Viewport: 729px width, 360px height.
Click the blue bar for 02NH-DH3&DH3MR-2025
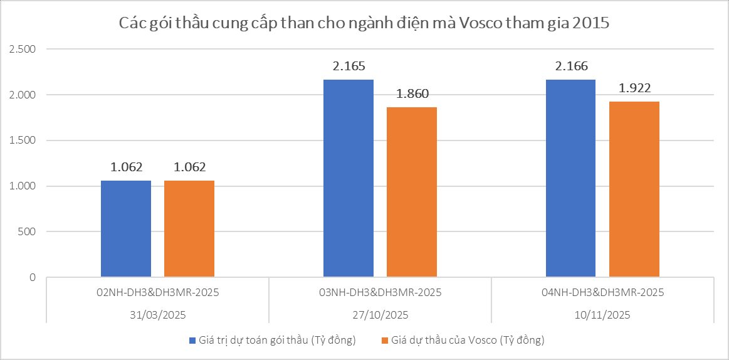[126, 229]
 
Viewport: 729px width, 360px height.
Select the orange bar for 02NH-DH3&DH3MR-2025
[189, 229]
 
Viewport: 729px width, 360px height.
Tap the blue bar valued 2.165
[349, 179]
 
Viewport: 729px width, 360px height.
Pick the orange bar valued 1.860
[412, 193]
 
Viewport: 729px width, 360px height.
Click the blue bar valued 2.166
[571, 179]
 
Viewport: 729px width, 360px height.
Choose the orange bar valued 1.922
[634, 189]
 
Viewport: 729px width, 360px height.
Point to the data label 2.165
[349, 66]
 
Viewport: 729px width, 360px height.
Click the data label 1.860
[412, 94]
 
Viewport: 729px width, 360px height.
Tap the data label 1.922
[634, 88]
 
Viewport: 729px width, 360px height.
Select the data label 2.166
[571, 66]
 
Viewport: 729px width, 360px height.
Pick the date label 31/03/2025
[157, 314]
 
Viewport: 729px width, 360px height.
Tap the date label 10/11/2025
[602, 314]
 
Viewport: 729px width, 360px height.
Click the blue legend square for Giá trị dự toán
[192, 341]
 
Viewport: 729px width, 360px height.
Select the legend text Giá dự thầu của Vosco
[467, 341]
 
